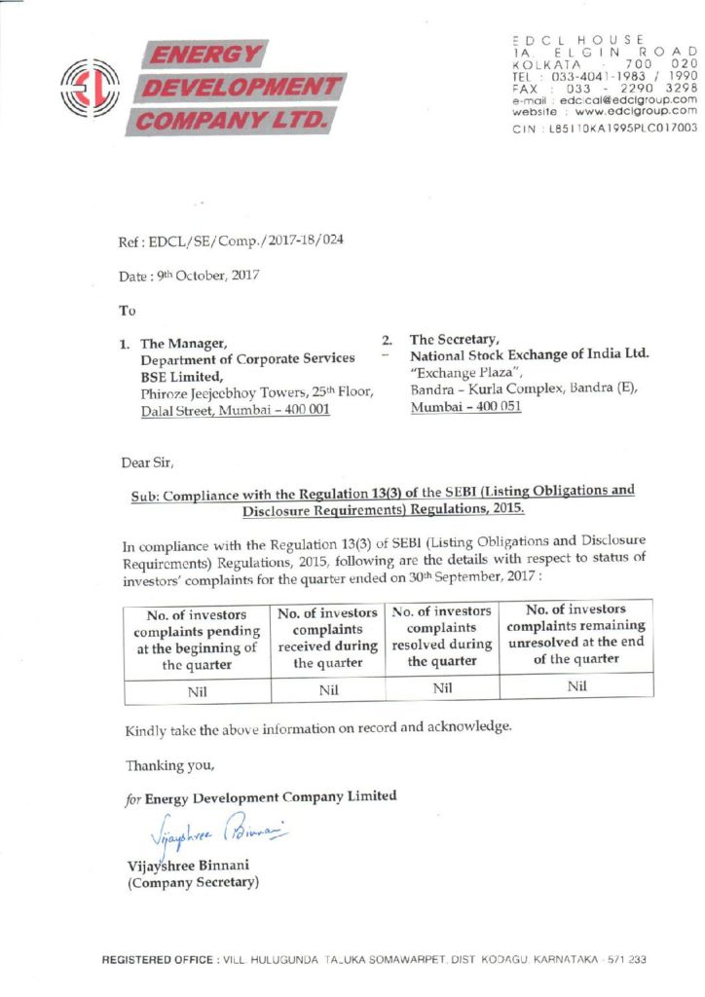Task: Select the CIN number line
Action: point(604,128)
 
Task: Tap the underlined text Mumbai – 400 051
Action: point(465,407)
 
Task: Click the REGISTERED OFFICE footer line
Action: point(375,960)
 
